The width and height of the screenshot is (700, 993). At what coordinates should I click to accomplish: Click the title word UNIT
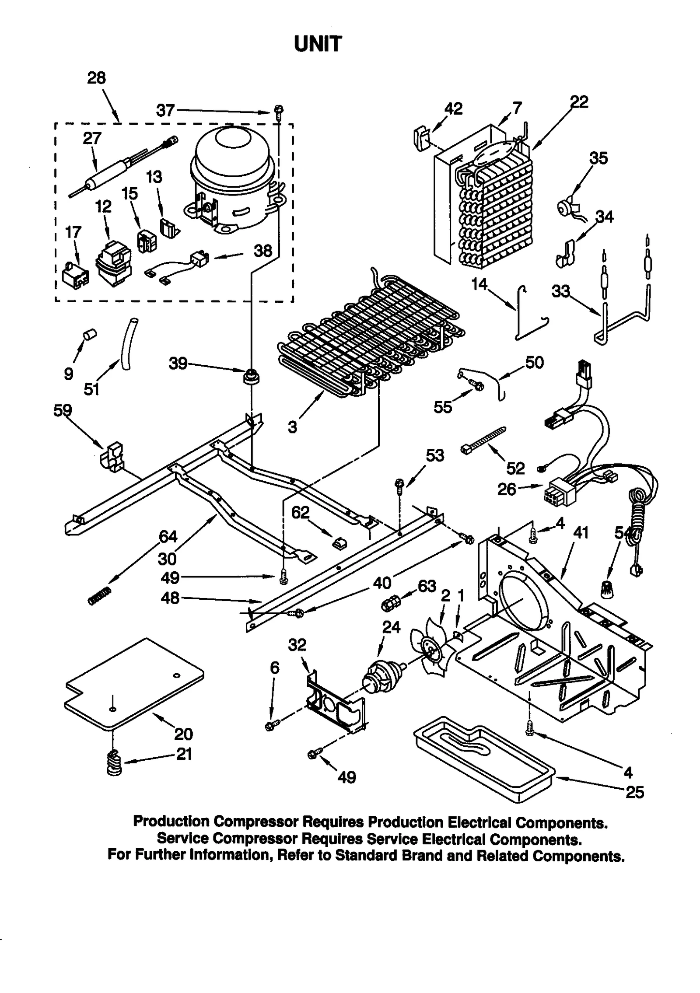(x=318, y=44)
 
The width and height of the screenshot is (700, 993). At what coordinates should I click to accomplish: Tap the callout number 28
(x=96, y=78)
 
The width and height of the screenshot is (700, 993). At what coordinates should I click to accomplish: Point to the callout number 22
(x=579, y=102)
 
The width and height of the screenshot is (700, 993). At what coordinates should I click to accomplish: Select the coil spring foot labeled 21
(x=114, y=763)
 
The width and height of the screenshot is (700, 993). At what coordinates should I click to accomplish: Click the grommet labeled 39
(x=250, y=375)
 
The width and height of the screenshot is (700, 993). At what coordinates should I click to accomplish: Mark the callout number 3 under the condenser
(x=292, y=427)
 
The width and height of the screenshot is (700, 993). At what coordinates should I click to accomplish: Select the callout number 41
(x=581, y=533)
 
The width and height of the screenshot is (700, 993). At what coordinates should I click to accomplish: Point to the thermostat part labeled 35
(x=566, y=206)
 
